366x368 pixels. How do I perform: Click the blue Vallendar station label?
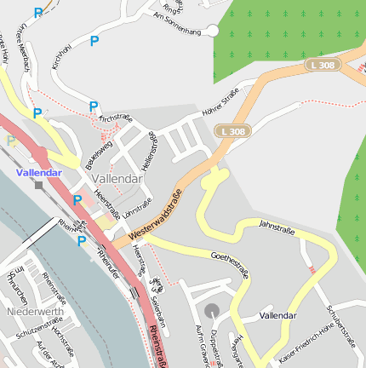click(x=39, y=172)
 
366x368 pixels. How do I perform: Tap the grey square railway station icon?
click(x=38, y=185)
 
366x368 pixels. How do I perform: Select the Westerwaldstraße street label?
click(x=156, y=213)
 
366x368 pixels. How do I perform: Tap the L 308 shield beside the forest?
click(x=323, y=65)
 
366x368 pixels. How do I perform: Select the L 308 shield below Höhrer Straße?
click(x=232, y=131)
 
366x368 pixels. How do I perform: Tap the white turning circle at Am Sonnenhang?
click(x=213, y=31)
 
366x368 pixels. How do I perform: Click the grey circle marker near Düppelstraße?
click(x=211, y=309)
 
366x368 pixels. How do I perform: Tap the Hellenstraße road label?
click(x=150, y=152)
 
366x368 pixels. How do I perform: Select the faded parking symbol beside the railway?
click(x=11, y=141)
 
